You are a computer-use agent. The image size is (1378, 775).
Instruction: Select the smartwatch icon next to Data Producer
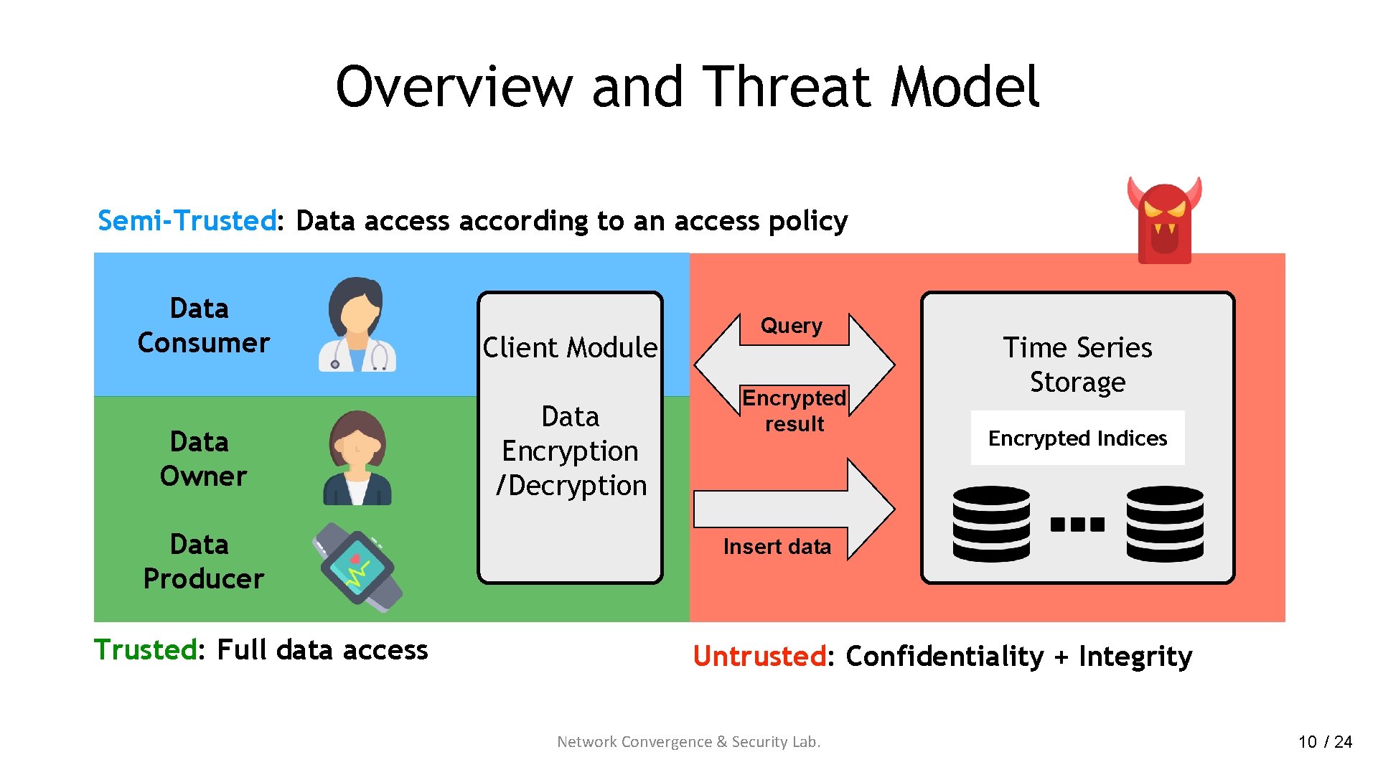357,567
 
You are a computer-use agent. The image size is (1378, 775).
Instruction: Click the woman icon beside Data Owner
357,459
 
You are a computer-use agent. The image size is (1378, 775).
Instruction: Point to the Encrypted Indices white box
1077,438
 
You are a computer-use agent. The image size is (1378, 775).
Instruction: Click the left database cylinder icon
991,524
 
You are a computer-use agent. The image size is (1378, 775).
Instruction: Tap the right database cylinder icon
1164,524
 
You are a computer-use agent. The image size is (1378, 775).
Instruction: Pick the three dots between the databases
1077,525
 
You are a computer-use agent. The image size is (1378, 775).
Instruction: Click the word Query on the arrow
791,326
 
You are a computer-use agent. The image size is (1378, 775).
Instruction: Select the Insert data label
777,547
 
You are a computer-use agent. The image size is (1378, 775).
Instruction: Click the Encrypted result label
794,410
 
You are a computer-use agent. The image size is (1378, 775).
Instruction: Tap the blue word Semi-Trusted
187,220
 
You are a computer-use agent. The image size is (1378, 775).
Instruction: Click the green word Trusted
146,649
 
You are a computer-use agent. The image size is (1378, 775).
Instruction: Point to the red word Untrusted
759,656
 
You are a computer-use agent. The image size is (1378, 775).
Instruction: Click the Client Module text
570,347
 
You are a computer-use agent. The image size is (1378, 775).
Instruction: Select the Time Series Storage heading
1077,365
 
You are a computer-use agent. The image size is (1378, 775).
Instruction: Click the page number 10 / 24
1325,741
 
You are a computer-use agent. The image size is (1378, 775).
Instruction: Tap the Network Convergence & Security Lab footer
688,741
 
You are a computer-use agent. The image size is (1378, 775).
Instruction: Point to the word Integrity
1135,656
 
